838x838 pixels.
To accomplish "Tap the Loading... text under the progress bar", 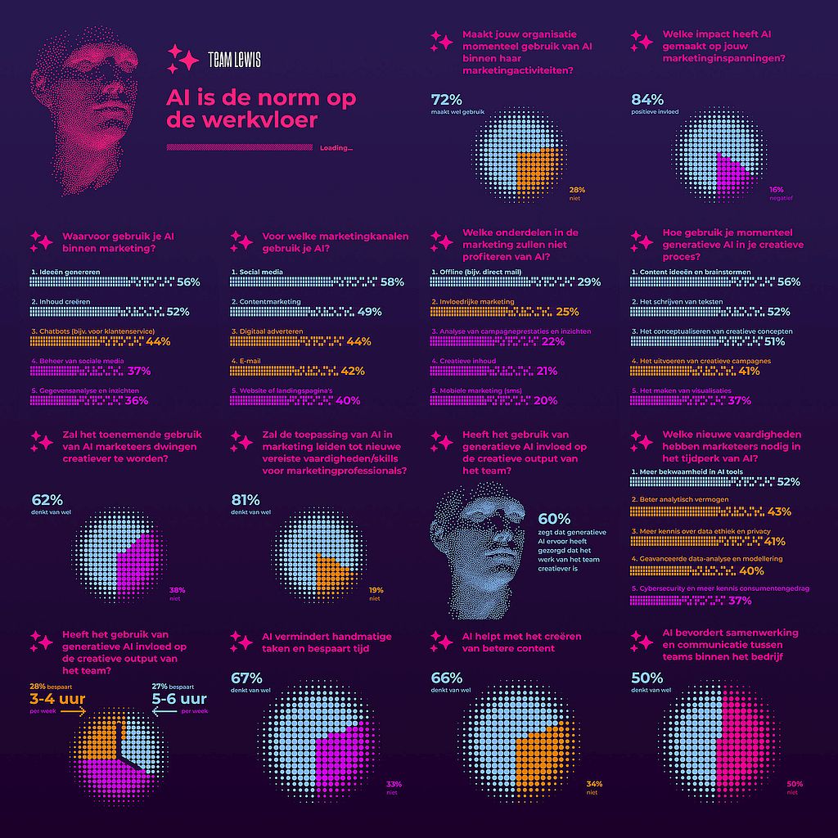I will pyautogui.click(x=336, y=148).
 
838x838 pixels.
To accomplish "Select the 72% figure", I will pyautogui.click(x=447, y=101).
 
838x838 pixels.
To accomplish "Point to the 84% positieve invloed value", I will pyautogui.click(x=647, y=101).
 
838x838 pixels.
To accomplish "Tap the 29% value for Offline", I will pyautogui.click(x=588, y=282).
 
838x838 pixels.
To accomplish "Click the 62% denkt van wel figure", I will pyautogui.click(x=47, y=500).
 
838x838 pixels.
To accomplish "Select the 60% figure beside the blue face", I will pyautogui.click(x=554, y=519).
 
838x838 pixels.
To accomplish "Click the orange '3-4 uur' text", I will pyautogui.click(x=57, y=699).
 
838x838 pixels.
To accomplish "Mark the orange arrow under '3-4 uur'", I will pyautogui.click(x=73, y=712).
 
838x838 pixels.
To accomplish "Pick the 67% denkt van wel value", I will pyautogui.click(x=246, y=678).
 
